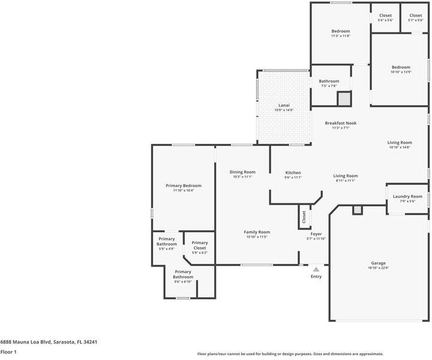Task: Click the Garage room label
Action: (379, 263)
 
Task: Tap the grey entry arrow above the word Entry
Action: (316, 269)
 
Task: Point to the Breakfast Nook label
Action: (341, 123)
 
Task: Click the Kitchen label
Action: (293, 173)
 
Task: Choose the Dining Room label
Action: (242, 172)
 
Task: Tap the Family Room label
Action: (257, 232)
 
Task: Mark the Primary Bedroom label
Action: (183, 186)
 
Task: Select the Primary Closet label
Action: (199, 243)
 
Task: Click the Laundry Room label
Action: (407, 196)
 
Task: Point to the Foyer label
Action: (316, 234)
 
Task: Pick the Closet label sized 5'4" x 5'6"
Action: (385, 16)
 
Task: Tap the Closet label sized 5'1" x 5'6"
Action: (416, 16)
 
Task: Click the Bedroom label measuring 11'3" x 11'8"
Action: (341, 31)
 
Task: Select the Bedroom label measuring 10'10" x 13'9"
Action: (401, 67)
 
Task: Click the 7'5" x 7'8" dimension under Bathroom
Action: (329, 86)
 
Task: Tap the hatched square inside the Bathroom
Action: (343, 100)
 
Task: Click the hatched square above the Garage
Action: (357, 209)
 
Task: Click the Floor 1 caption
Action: (8, 352)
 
